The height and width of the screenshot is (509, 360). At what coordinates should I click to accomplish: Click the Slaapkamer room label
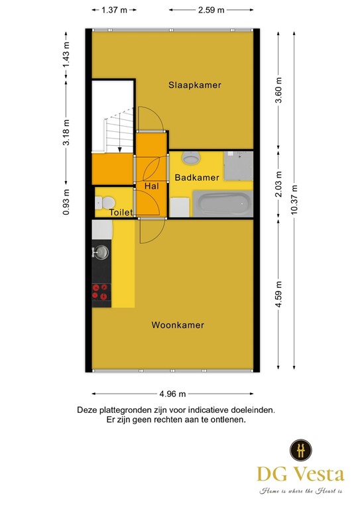194,85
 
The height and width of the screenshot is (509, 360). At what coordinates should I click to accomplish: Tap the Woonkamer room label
178,325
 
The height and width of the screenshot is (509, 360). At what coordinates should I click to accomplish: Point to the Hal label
151,188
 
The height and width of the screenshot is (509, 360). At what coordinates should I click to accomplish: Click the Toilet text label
121,213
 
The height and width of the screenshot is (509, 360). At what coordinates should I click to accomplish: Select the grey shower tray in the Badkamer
238,166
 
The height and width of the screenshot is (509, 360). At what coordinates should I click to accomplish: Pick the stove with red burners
101,292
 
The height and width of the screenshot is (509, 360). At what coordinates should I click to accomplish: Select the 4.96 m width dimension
172,394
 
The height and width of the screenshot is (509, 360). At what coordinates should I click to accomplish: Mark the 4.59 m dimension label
278,293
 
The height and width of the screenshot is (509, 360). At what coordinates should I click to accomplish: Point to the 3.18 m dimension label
66,132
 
